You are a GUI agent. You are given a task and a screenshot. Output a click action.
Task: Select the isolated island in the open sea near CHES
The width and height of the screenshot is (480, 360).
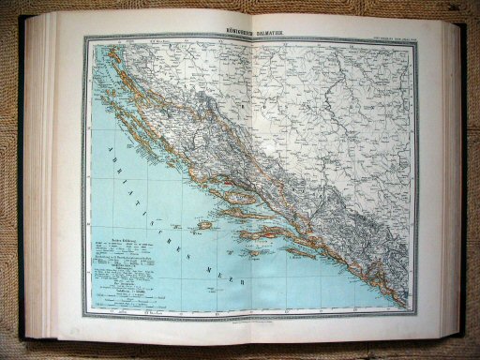pos(202,225)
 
